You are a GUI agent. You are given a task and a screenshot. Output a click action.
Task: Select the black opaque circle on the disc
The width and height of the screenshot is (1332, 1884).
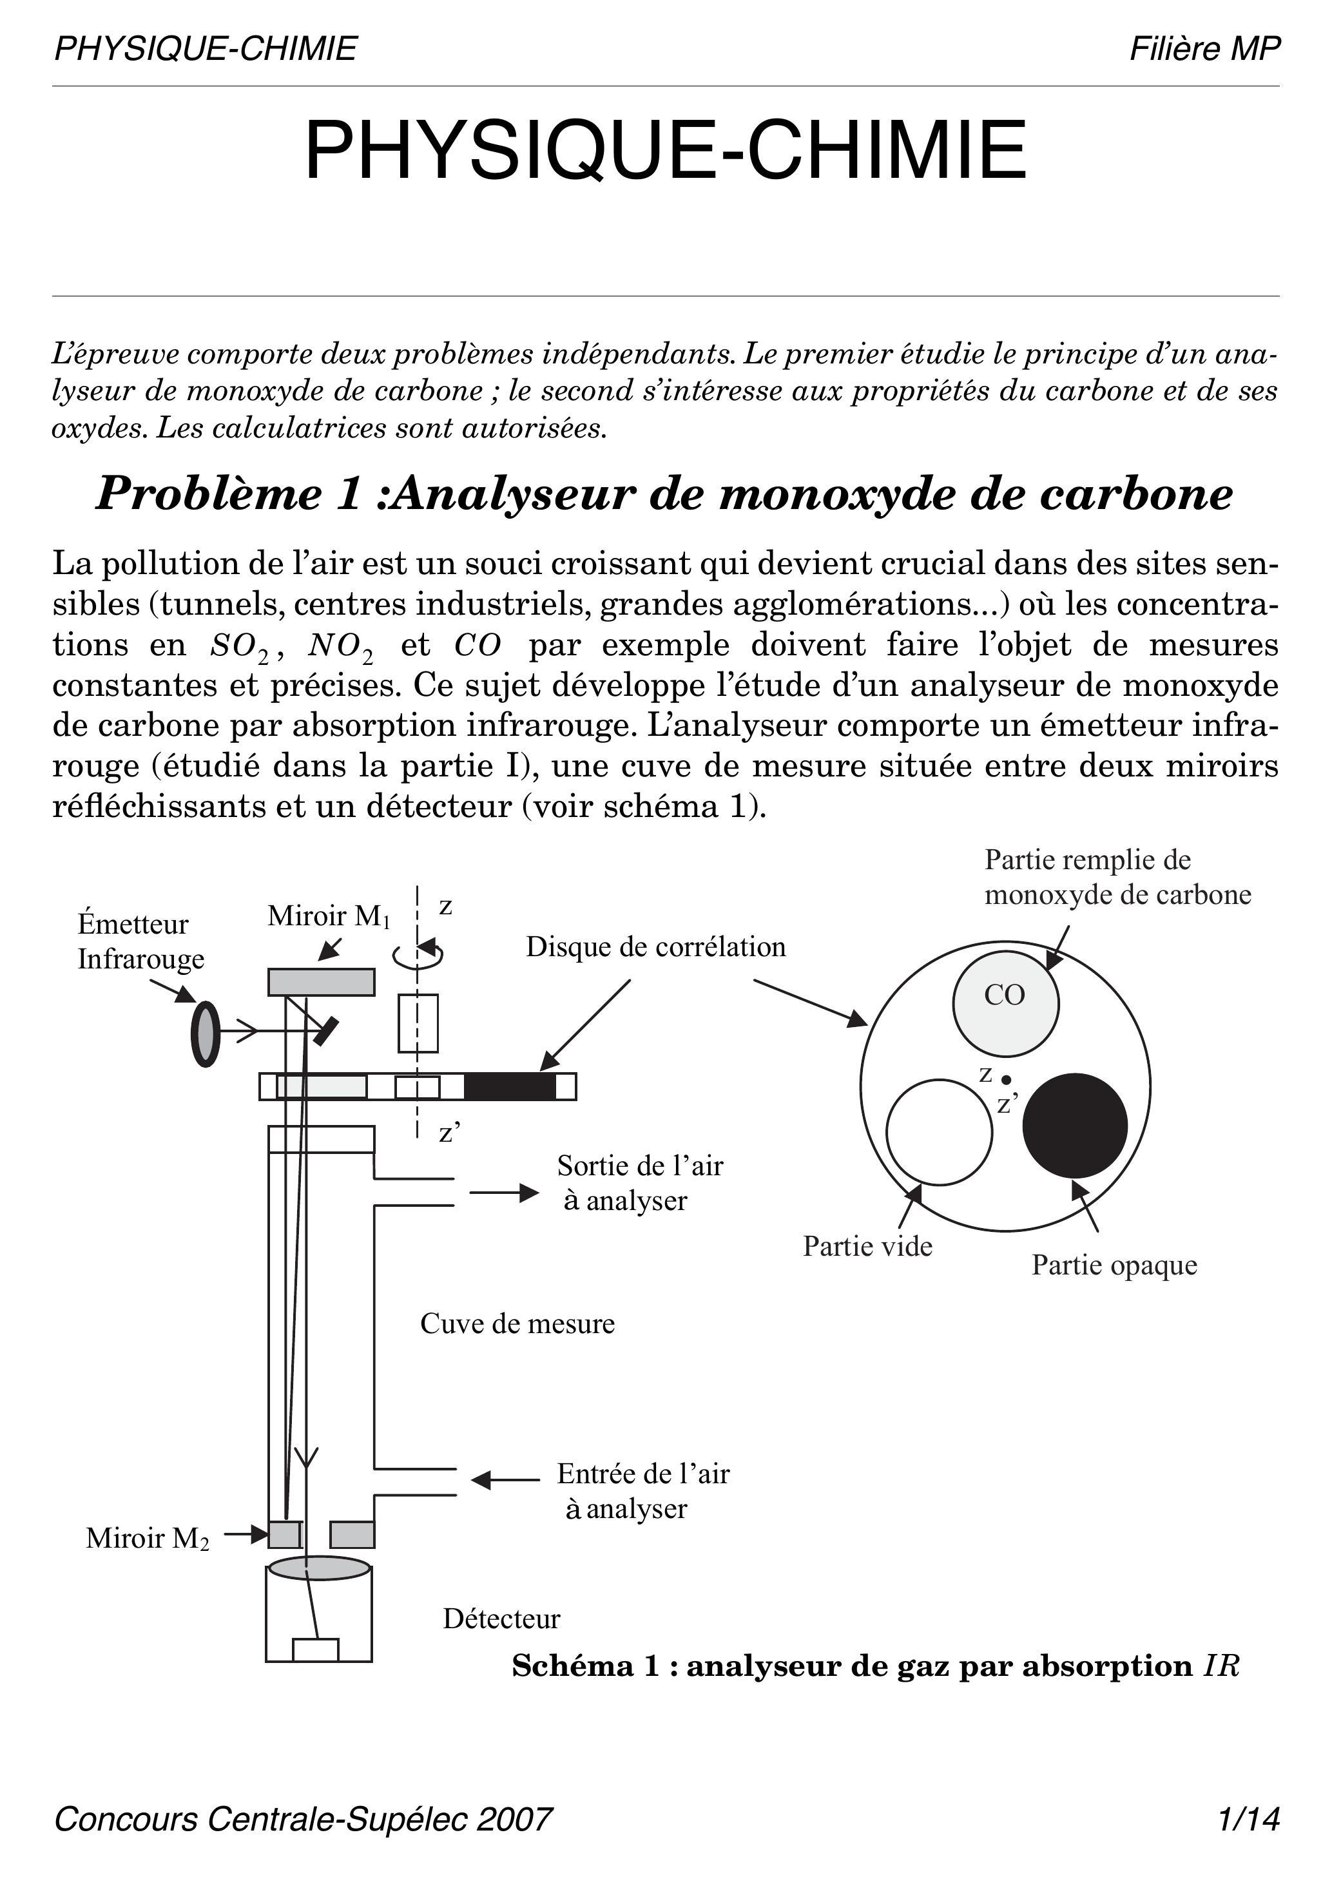(x=1074, y=1125)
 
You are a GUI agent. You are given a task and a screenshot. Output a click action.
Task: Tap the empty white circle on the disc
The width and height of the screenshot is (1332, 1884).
(x=939, y=1131)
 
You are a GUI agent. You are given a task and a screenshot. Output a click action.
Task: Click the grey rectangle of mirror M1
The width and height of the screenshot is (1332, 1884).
(x=321, y=981)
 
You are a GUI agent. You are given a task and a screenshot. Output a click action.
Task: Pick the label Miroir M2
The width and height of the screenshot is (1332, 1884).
(x=147, y=1538)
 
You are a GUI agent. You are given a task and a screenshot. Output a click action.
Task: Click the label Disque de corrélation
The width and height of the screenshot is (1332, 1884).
(x=656, y=947)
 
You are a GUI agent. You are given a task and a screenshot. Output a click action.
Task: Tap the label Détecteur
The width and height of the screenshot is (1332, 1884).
(x=501, y=1618)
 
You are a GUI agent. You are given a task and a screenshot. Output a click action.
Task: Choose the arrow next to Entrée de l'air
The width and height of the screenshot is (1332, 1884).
(x=504, y=1479)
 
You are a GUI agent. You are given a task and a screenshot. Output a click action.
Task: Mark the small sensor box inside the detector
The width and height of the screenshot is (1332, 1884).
(x=316, y=1649)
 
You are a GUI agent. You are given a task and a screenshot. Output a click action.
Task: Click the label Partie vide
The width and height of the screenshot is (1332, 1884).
(x=867, y=1246)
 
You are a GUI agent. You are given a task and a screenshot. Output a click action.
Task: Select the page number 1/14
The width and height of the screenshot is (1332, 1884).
(x=1249, y=1818)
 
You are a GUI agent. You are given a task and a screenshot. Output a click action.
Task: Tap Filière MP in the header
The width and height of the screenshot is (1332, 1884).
(x=1204, y=49)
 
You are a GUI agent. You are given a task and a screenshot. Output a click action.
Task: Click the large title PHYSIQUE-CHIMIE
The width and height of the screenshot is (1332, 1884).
(x=666, y=151)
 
